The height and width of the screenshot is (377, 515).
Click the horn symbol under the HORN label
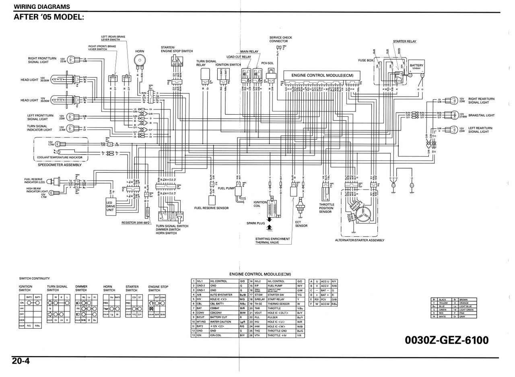[x=139, y=61]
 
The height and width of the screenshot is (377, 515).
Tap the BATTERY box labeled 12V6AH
[x=416, y=66]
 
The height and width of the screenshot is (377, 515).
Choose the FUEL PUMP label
[x=226, y=188]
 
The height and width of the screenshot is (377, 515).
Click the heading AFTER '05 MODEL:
[x=49, y=17]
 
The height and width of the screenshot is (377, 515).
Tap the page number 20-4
[x=21, y=361]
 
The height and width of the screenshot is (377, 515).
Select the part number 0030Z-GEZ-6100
[x=447, y=340]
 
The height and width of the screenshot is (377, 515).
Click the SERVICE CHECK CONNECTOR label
[x=280, y=39]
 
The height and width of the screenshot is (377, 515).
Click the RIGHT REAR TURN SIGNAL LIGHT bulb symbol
[x=454, y=101]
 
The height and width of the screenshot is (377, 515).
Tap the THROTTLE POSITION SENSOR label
[x=326, y=208]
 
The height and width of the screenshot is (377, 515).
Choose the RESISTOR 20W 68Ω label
[x=136, y=222]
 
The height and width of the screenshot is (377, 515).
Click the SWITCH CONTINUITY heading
[x=35, y=278]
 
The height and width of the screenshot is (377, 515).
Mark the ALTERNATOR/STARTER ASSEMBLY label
[x=359, y=240]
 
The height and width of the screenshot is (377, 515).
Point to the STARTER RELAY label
[x=404, y=41]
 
